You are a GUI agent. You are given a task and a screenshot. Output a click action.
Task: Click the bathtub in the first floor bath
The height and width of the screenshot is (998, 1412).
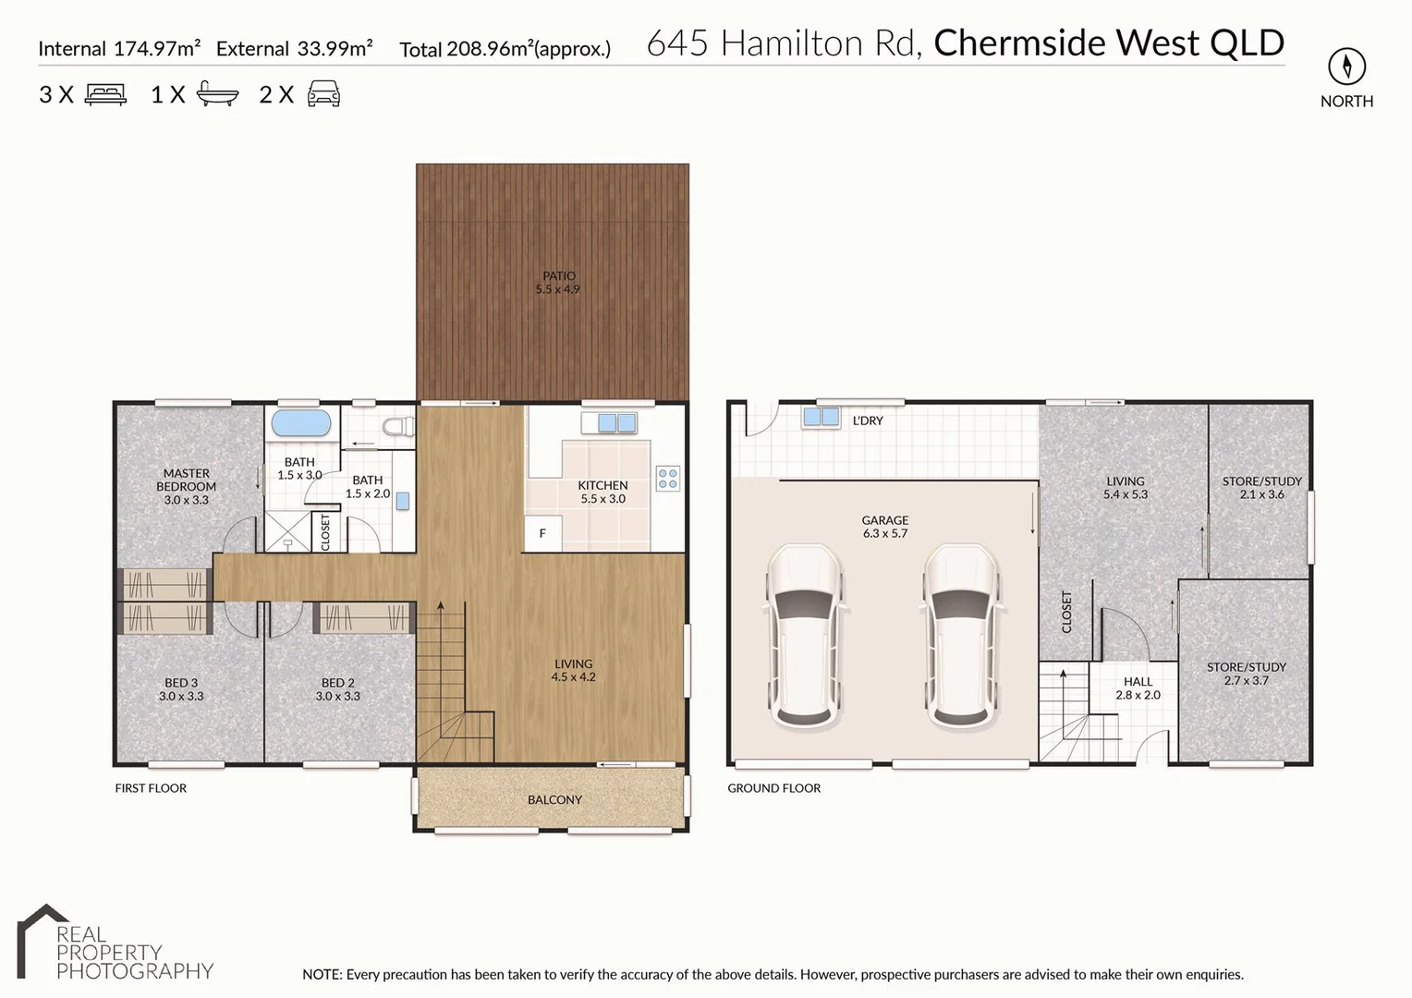[x=300, y=424]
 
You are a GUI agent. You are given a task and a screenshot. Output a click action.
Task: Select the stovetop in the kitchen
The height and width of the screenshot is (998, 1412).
[x=667, y=478]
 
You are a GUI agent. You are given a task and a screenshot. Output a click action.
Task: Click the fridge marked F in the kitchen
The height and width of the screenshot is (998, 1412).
[x=542, y=533]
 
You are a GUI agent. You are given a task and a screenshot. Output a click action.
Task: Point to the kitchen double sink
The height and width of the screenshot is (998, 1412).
[x=616, y=423]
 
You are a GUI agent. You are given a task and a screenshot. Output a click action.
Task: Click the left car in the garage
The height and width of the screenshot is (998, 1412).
[x=802, y=636]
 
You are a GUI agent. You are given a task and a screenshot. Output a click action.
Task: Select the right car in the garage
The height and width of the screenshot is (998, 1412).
[x=959, y=636]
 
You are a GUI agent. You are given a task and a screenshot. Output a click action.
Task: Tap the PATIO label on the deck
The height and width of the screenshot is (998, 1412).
[x=558, y=276]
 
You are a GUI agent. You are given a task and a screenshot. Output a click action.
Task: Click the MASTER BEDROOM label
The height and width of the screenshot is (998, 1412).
[x=186, y=480]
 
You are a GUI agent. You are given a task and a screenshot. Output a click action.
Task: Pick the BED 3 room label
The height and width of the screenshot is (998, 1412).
[x=181, y=683]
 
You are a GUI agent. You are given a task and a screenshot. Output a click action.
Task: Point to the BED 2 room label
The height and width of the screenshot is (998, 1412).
[x=337, y=683]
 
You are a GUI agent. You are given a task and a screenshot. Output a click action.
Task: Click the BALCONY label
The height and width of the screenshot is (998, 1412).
[x=554, y=800]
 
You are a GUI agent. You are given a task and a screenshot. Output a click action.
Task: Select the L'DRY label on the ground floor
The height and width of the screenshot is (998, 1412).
[x=867, y=420]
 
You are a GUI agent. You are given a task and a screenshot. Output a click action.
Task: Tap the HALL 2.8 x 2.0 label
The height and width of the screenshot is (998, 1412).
[x=1138, y=688]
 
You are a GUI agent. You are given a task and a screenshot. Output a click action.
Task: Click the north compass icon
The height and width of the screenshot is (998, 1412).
[x=1346, y=67]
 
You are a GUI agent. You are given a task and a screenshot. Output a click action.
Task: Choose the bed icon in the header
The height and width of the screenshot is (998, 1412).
[x=105, y=94]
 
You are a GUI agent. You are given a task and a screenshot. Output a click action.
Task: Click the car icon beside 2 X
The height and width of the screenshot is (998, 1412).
[x=323, y=94]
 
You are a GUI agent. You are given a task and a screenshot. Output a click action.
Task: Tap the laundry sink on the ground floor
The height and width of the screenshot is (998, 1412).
[x=820, y=417]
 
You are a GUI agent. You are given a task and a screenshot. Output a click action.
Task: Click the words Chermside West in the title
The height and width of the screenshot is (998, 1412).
[x=1066, y=43]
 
